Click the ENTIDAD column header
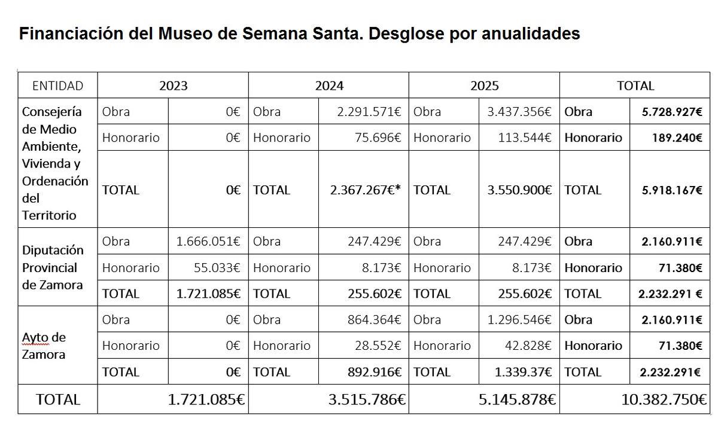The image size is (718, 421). click(57, 86)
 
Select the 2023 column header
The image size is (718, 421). click(173, 86)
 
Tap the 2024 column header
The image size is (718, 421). click(329, 86)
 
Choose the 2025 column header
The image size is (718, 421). click(484, 86)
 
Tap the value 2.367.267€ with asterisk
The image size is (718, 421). click(365, 190)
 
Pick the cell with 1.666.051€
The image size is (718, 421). click(208, 242)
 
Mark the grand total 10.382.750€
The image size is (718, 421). click(664, 399)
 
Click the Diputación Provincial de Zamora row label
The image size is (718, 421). click(53, 267)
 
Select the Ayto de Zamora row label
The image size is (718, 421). click(44, 346)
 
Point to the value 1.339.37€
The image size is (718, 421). click(523, 372)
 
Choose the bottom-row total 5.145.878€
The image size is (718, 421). click(517, 399)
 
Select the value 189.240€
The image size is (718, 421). click(677, 138)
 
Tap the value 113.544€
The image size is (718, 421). click(525, 138)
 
